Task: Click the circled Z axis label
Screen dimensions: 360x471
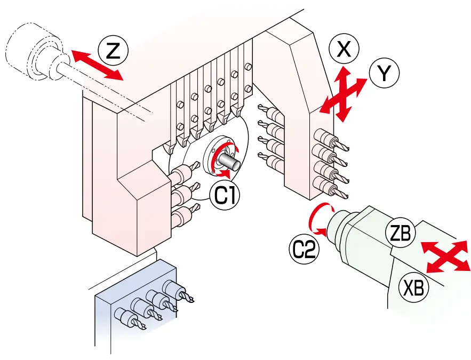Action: coord(113,51)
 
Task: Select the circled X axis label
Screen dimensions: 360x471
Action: coord(344,50)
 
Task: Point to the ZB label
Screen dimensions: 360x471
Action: coord(399,235)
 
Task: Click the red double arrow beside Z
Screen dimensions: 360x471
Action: coord(97,65)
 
